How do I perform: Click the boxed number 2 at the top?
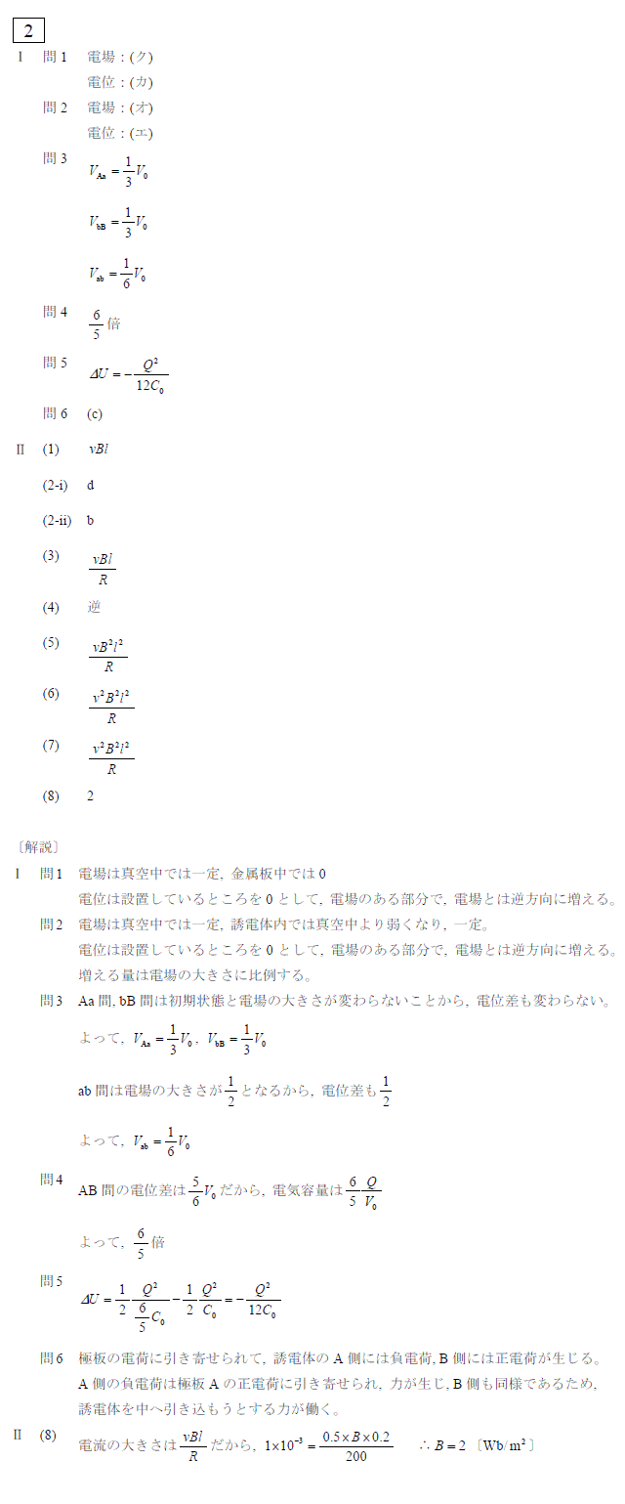pos(28,31)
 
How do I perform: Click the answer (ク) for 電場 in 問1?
pos(142,57)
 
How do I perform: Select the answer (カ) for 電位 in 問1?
pos(142,82)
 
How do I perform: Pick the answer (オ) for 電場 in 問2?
pos(142,107)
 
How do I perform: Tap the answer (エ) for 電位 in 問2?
pos(142,133)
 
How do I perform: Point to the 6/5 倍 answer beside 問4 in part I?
pos(104,324)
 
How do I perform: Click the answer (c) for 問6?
pos(95,413)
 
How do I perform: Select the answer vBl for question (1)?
pos(99,450)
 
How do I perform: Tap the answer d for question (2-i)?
pos(91,485)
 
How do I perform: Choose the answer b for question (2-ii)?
pos(91,520)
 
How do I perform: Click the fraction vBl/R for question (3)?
pos(103,568)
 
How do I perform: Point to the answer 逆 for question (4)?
pos(94,607)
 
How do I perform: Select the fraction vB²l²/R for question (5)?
pos(108,656)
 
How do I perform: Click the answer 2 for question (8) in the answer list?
pos(91,795)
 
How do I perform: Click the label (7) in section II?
pos(51,746)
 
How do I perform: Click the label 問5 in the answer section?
pos(55,363)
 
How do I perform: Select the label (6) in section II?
pos(51,694)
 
